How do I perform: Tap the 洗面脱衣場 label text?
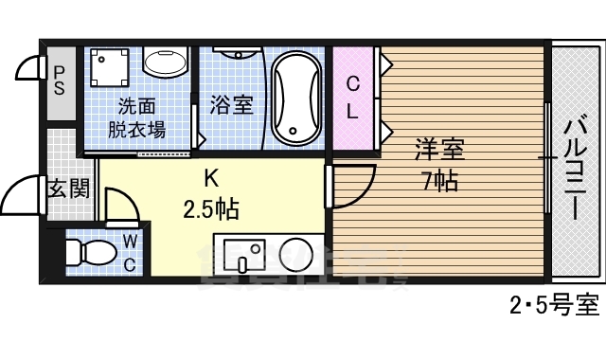click(x=138, y=118)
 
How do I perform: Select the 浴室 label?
click(x=231, y=104)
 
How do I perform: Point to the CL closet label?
click(x=351, y=98)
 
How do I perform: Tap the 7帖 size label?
click(x=440, y=181)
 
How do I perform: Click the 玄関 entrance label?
click(x=68, y=188)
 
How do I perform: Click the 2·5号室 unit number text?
click(x=554, y=307)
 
